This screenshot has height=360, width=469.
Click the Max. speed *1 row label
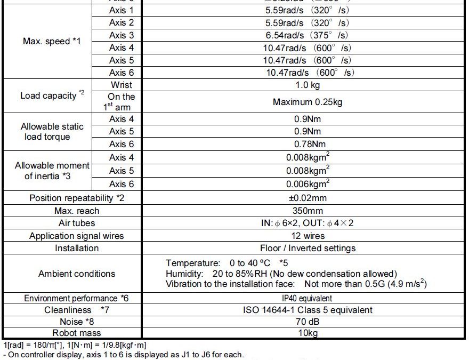point(52,41)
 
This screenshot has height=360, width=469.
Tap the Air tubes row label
point(77,223)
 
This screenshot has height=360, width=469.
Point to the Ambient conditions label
point(77,274)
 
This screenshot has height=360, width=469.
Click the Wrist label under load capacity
point(122,85)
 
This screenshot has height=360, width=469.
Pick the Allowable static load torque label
point(52,132)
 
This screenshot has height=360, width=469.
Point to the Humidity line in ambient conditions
point(281,274)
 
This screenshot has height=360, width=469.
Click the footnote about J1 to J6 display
point(123,355)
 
